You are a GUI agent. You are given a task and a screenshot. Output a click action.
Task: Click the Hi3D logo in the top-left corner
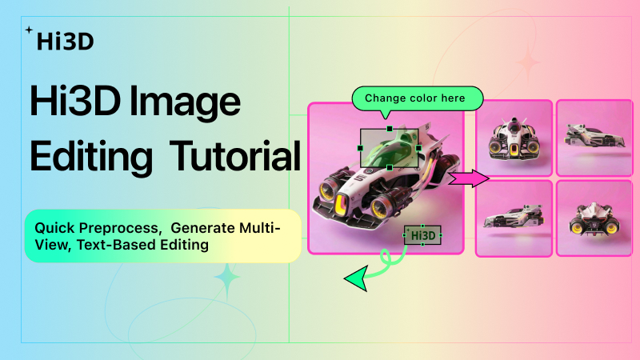64,39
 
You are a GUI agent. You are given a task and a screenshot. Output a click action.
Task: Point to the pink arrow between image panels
469,178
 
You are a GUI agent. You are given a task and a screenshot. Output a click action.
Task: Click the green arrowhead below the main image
356,277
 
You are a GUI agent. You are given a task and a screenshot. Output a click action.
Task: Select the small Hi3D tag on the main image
422,235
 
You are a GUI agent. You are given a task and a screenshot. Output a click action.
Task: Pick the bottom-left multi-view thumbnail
514,218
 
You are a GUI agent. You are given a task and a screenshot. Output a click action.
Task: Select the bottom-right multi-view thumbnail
594,218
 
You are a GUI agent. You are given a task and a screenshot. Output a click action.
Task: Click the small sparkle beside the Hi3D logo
29,30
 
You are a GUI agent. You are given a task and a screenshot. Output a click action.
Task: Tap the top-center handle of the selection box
390,128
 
